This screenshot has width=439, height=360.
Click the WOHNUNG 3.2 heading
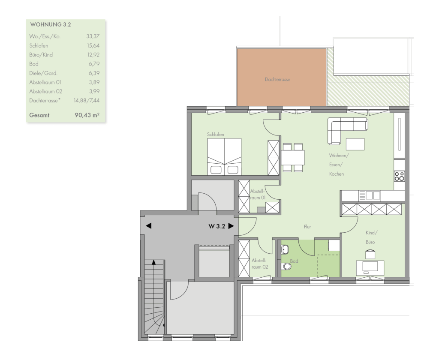[51, 24]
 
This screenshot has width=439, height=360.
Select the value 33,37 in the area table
[93, 36]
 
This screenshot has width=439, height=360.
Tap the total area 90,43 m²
[87, 115]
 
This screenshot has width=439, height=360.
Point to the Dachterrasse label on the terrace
[277, 80]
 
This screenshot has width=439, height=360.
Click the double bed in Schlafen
[224, 157]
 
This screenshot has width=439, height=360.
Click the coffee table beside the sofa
[355, 144]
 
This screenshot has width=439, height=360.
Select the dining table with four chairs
[292, 158]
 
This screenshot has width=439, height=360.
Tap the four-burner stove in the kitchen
[399, 177]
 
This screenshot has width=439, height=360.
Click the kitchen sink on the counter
[370, 195]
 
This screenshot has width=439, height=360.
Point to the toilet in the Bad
[286, 266]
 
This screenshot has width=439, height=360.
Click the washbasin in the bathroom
[285, 249]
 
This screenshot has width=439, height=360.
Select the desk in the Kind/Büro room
[370, 268]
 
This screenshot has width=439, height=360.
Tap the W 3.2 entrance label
[216, 226]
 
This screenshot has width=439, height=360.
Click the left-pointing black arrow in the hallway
[149, 225]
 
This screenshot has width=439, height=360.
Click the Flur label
[307, 227]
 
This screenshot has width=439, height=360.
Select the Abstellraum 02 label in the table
[45, 91]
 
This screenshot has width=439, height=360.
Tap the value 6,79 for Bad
[94, 64]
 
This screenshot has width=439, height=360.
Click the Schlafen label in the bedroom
[216, 135]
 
